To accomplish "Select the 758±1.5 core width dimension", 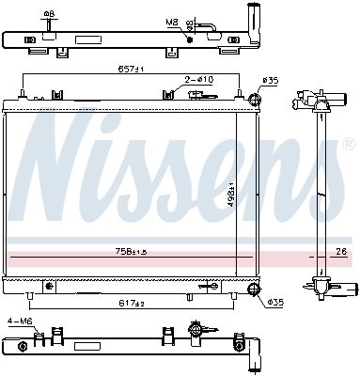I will click(x=131, y=252).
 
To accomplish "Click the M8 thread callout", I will click(x=171, y=21).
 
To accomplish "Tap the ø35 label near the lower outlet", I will click(x=275, y=302).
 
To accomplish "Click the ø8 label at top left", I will click(x=49, y=14).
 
